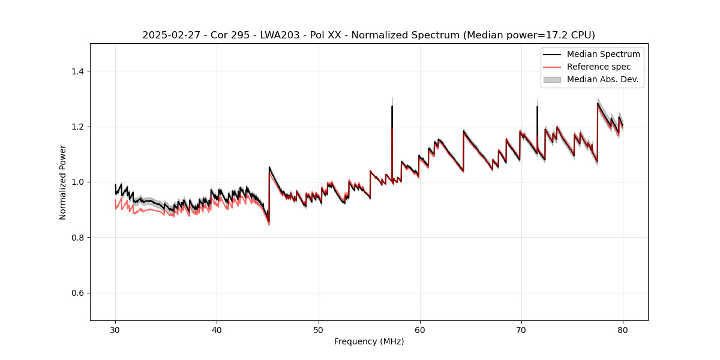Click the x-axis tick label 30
[115, 330]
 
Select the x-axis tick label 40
[217, 330]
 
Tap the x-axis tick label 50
[319, 330]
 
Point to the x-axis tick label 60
[420, 330]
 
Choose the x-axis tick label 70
[521, 330]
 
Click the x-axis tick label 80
[623, 330]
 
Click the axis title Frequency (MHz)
[369, 341]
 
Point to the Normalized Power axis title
[62, 182]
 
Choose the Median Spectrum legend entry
[603, 54]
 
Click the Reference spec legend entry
[598, 67]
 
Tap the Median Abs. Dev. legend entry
[602, 79]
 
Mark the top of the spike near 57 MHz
[392, 106]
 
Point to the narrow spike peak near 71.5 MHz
[537, 107]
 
